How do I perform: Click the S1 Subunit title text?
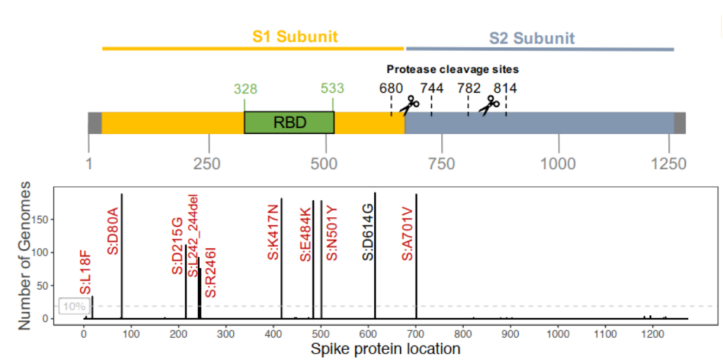point(295,36)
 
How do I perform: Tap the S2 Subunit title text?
point(532,38)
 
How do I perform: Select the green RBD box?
point(289,123)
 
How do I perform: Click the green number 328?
point(245,88)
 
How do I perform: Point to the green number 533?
point(332,88)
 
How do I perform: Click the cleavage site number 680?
point(391,88)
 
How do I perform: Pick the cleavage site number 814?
point(505,88)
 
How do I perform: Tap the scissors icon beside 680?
point(409,105)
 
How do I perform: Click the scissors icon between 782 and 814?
point(489,105)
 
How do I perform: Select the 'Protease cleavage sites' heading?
point(453,69)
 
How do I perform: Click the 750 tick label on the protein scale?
point(442,164)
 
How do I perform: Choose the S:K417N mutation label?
point(273,232)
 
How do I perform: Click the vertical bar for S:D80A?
point(121,256)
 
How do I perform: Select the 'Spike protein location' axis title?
point(385,349)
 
